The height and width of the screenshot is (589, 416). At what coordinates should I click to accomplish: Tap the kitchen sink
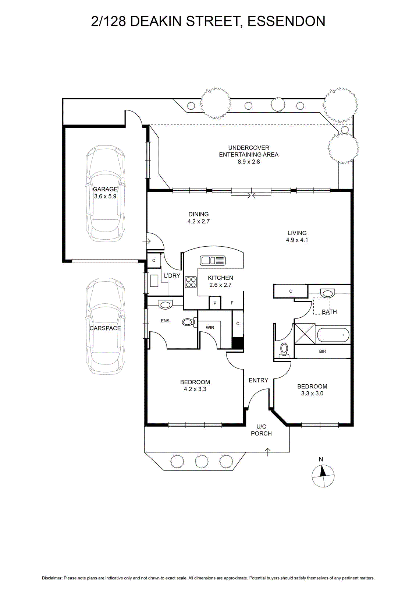point(213,260)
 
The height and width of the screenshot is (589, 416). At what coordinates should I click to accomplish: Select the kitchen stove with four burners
point(191,282)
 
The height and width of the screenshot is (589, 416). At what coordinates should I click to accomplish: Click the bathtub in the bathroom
point(333,335)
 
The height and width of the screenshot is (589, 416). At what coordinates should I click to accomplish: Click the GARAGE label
point(105,189)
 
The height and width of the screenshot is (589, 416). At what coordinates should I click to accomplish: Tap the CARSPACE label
point(105,328)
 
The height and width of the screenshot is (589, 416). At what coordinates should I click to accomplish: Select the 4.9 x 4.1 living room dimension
point(297,240)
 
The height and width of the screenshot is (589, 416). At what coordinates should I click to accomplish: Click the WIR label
point(210,328)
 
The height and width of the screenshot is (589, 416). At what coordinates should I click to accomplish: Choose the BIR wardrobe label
point(323,351)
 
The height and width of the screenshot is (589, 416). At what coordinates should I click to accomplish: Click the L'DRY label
point(172,276)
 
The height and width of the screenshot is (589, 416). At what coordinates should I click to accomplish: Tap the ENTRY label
point(258,380)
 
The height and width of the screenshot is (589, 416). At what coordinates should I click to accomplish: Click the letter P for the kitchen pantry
point(215,303)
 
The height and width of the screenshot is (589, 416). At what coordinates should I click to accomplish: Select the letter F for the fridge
point(232,303)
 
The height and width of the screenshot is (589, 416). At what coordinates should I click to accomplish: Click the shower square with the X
point(305,334)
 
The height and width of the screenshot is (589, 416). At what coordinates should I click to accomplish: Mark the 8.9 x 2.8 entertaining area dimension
point(249,162)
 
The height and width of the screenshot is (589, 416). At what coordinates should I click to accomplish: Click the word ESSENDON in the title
point(287,21)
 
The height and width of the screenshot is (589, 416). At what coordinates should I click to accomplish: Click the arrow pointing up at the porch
point(268,452)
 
